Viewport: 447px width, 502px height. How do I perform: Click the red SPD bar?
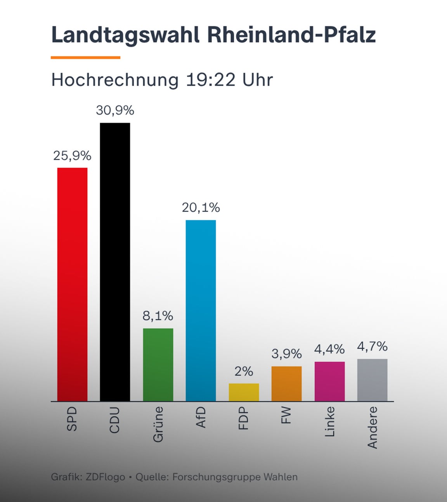click(x=72, y=284)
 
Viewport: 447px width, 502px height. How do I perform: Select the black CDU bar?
click(x=115, y=262)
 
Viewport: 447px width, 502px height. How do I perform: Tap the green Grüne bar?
click(x=158, y=364)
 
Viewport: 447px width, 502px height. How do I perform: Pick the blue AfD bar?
click(x=201, y=310)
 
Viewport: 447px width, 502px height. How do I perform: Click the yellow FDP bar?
click(x=244, y=392)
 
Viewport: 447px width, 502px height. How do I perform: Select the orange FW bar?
click(x=286, y=383)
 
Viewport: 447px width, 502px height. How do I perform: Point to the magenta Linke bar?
click(x=329, y=381)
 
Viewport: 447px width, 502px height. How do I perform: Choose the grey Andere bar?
click(x=372, y=380)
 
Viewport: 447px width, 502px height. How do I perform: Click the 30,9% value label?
click(x=115, y=110)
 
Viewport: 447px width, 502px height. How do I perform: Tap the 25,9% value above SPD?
click(x=72, y=156)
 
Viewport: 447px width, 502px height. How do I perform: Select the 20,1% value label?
click(x=201, y=208)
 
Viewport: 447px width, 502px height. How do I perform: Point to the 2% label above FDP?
click(x=244, y=371)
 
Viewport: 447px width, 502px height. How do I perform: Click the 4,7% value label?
click(x=372, y=346)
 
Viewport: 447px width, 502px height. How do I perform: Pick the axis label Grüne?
click(x=158, y=424)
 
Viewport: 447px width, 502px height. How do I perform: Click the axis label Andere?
click(x=372, y=427)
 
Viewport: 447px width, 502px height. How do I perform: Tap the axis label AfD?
click(x=201, y=417)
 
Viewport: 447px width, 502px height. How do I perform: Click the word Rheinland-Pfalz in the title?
click(x=291, y=35)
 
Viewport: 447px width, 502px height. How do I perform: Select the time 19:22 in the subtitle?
click(x=211, y=80)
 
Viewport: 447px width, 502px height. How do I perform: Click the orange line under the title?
click(x=85, y=57)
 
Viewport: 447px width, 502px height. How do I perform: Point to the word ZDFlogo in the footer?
click(x=105, y=477)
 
